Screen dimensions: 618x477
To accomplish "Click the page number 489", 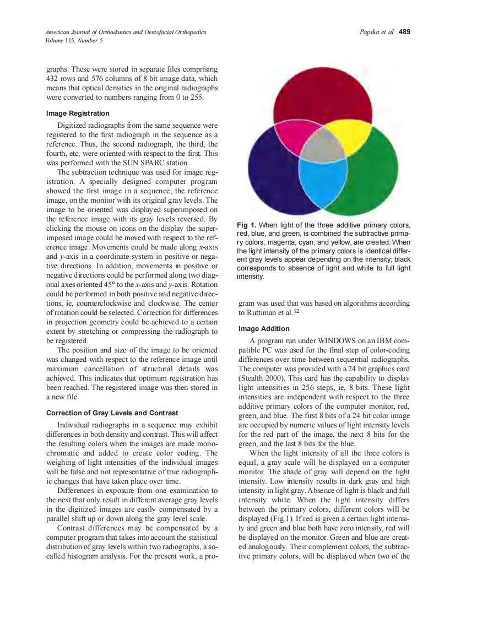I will [x=404, y=32].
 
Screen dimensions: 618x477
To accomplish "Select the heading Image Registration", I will [x=78, y=113].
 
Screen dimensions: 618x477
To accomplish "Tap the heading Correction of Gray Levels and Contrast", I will [x=112, y=413].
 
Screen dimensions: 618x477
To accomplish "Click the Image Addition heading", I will [x=264, y=329].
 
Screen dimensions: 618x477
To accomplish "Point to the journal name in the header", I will [x=126, y=32].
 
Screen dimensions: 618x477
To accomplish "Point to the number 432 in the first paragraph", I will [x=53, y=79].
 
